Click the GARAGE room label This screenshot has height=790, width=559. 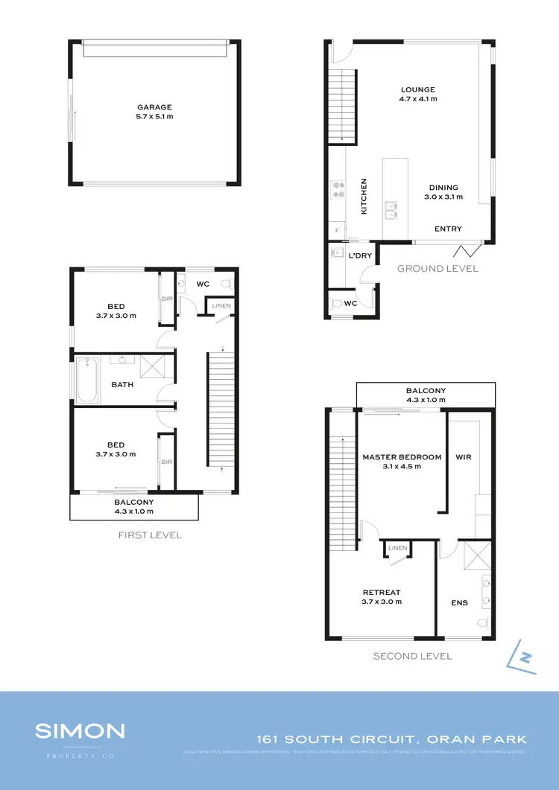pyautogui.click(x=154, y=107)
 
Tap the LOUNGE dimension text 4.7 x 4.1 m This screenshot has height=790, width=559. pyautogui.click(x=417, y=98)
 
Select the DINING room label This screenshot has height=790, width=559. pyautogui.click(x=443, y=188)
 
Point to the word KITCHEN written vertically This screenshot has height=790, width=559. pyautogui.click(x=364, y=197)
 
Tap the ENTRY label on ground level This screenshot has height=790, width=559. pyautogui.click(x=448, y=229)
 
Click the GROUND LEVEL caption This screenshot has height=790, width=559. pyautogui.click(x=438, y=269)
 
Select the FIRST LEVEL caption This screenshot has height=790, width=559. pyautogui.click(x=150, y=535)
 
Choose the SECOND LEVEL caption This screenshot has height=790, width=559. pyautogui.click(x=412, y=656)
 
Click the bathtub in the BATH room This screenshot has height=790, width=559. pyautogui.click(x=86, y=380)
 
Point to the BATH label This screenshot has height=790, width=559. pyautogui.click(x=122, y=385)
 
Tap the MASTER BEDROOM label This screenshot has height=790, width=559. pyautogui.click(x=402, y=457)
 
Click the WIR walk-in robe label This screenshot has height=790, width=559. pyautogui.click(x=463, y=457)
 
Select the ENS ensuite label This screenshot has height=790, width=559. pyautogui.click(x=459, y=602)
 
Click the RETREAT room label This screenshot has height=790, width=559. pyautogui.click(x=382, y=593)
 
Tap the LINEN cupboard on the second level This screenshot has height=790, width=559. pyautogui.click(x=397, y=549)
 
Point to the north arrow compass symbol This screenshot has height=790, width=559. pyautogui.click(x=524, y=656)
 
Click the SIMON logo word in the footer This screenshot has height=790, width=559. pyautogui.click(x=80, y=730)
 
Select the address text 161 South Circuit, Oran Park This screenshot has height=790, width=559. pyautogui.click(x=391, y=739)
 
